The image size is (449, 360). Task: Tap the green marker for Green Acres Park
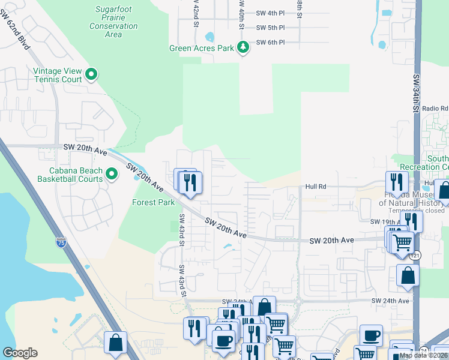pos(243,47)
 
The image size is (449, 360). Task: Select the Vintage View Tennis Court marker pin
pos(91,75)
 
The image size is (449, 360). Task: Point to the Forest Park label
pos(153,203)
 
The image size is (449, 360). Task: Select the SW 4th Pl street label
pos(270,13)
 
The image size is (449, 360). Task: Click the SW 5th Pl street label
pos(270,28)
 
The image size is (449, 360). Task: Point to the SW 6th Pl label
pos(270,43)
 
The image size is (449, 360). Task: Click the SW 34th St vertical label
pos(415,94)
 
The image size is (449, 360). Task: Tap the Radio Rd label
pos(435,109)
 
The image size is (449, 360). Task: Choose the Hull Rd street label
pos(315,187)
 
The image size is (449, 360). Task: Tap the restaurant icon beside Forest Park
pos(190,182)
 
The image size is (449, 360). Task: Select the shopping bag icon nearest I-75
pos(115,343)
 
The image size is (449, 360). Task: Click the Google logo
pos(20,353)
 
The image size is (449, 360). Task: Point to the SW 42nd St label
pos(196,13)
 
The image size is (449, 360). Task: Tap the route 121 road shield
pos(415,256)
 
